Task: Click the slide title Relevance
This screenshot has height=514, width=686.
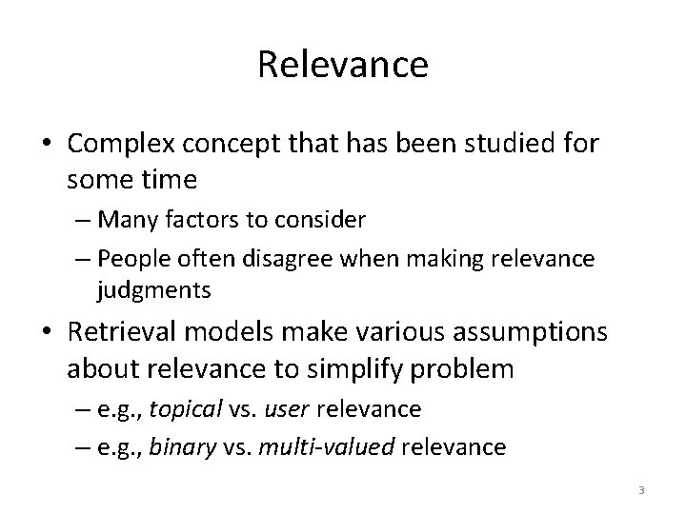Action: tap(343, 65)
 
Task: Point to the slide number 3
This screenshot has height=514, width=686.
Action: tap(641, 490)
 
